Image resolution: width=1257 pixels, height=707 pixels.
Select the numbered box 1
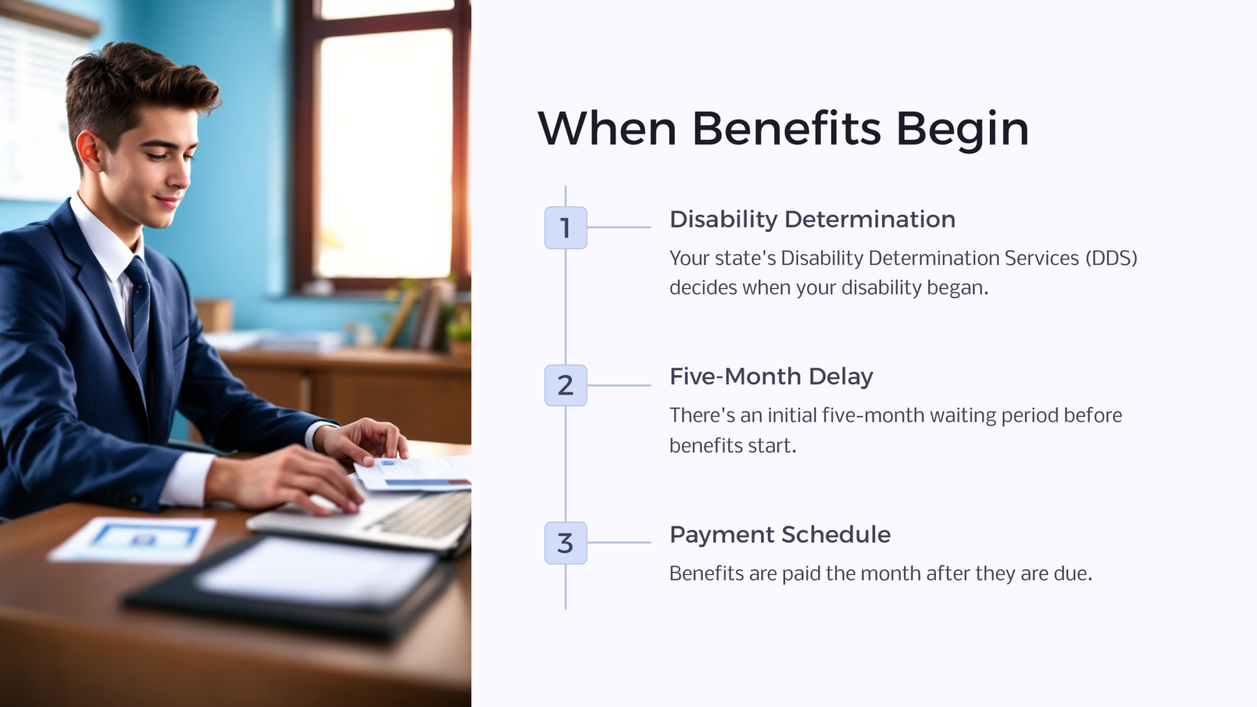tap(565, 228)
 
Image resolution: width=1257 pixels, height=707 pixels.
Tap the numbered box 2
tap(565, 385)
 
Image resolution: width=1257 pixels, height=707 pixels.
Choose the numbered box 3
tap(565, 543)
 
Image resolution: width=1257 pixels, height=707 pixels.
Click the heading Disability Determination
tap(812, 220)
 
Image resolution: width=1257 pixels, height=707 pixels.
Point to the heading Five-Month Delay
tap(771, 377)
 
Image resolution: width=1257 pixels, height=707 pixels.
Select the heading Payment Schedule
tap(779, 535)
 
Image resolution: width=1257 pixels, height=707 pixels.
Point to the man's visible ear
tap(88, 150)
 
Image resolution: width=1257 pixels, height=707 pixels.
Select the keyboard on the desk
tap(424, 516)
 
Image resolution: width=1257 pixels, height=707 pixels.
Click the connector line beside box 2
tap(619, 385)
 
